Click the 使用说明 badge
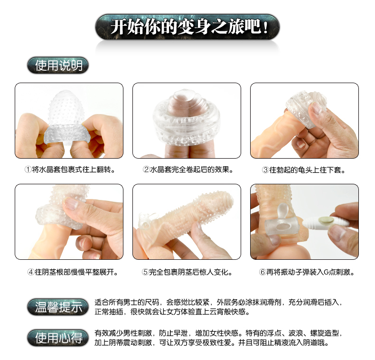[x=58, y=66]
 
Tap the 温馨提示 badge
[x=58, y=307]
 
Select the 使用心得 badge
[x=58, y=338]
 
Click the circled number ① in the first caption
[x=28, y=170]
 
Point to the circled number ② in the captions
[x=146, y=170]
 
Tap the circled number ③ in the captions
[x=265, y=170]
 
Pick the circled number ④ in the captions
[x=31, y=272]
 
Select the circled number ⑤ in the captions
[x=145, y=272]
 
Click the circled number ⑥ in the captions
[x=262, y=272]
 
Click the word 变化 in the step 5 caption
[x=221, y=272]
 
